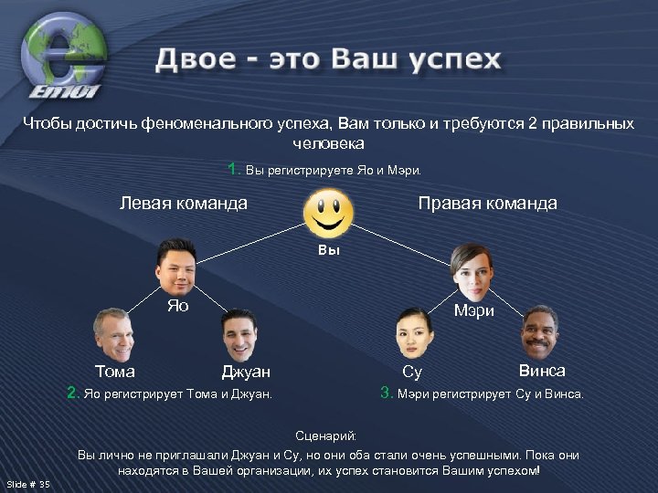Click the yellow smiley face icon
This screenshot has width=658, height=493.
[x=329, y=214]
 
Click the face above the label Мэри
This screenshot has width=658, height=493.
[x=472, y=271]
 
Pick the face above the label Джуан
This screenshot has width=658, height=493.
[x=240, y=335]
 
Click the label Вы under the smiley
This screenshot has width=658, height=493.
[x=329, y=249]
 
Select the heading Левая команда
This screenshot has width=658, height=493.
[x=184, y=203]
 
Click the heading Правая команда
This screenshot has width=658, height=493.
[x=487, y=203]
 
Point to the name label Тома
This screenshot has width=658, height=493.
[x=115, y=372]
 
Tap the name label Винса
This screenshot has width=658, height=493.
[x=542, y=371]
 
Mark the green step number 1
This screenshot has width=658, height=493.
[x=234, y=169]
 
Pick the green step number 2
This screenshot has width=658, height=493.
[x=72, y=393]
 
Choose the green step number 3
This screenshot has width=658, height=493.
[x=387, y=393]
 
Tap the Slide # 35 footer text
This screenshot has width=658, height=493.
[x=28, y=484]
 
